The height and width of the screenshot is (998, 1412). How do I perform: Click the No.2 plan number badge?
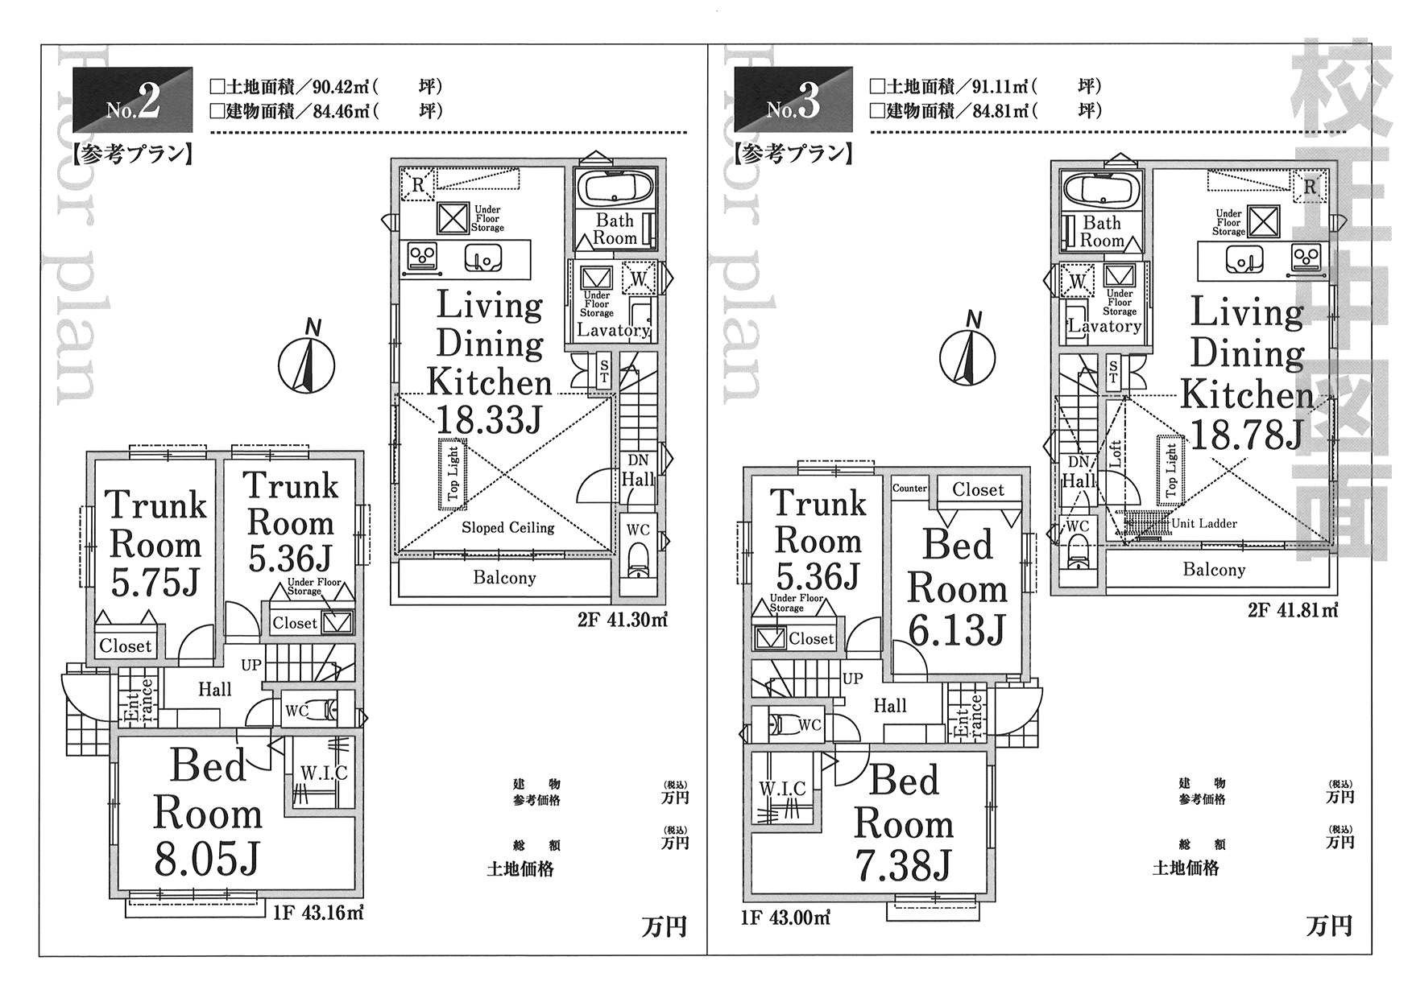[x=133, y=100]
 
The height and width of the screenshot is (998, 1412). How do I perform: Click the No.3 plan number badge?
[x=793, y=100]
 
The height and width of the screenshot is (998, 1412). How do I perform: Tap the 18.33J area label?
[x=489, y=419]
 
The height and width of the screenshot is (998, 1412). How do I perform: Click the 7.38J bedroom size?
[x=903, y=864]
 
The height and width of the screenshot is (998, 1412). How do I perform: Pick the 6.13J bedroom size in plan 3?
[x=957, y=629]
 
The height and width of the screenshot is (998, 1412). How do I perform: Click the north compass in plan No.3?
[x=967, y=355]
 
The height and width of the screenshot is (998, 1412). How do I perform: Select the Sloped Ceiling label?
[x=507, y=528]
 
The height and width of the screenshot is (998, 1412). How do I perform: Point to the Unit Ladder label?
[x=1204, y=523]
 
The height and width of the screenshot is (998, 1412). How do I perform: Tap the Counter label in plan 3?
[x=910, y=488]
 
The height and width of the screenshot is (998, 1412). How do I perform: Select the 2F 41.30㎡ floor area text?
[x=623, y=620]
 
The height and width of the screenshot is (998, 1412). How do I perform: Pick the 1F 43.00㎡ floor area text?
[x=785, y=917]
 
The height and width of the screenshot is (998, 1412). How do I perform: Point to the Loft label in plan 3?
[x=1116, y=456]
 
